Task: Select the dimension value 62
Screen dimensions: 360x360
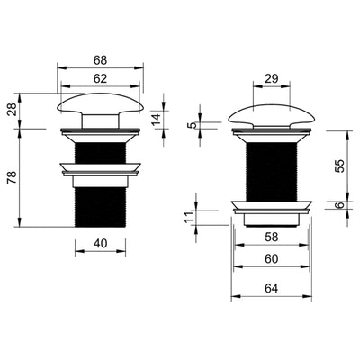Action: click(100, 78)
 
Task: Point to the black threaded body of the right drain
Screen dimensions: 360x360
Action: click(267, 166)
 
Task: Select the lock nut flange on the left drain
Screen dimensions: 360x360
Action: click(100, 168)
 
